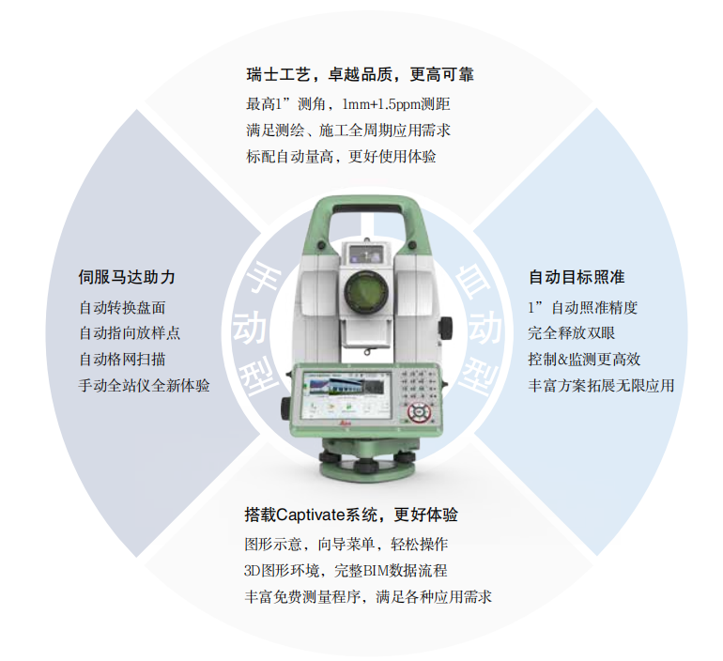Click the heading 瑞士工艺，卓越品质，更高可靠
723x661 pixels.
pos(361,74)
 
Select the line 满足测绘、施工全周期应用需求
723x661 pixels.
pos(348,131)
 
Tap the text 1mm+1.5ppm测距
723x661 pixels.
pos(396,104)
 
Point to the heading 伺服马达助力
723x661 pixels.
pos(127,277)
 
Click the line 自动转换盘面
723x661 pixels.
pos(122,307)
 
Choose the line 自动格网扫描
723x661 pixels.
pos(122,359)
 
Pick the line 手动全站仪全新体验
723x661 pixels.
pos(144,385)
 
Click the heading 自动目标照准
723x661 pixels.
pos(577,277)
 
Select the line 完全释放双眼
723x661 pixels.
pos(571,332)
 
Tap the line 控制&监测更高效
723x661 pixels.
pos(584,359)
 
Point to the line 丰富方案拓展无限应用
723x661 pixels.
pos(601,385)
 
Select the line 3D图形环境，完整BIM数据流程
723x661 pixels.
pos(346,571)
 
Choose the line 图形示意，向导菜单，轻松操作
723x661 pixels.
pos(346,545)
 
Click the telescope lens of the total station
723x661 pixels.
pos(366,291)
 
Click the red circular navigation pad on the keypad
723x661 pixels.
pos(419,411)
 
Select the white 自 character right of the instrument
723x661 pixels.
pos(473,277)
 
